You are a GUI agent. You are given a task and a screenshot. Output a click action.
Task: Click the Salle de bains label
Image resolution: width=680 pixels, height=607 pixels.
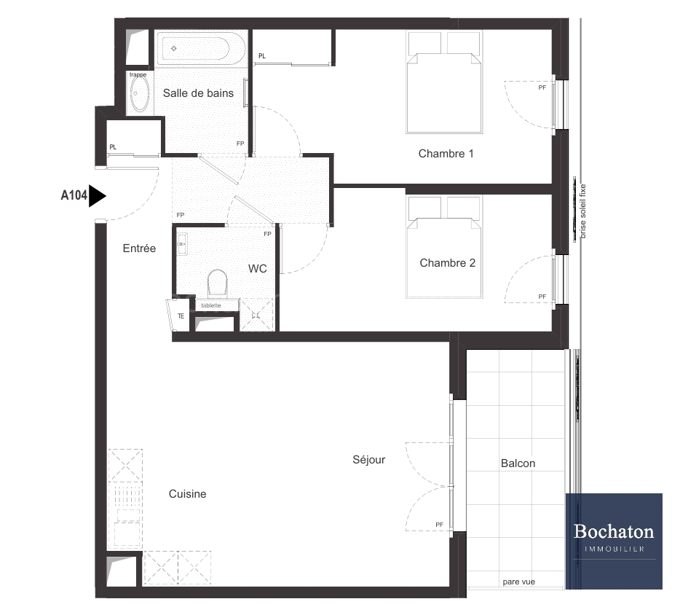pyautogui.click(x=198, y=93)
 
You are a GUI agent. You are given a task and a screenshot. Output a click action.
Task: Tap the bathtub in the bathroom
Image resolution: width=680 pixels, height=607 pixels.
pyautogui.click(x=196, y=49)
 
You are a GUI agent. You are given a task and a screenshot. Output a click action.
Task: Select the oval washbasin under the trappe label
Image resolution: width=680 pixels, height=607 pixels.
pyautogui.click(x=139, y=94)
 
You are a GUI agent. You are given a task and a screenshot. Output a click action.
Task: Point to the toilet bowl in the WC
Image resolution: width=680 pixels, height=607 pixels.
pyautogui.click(x=218, y=283)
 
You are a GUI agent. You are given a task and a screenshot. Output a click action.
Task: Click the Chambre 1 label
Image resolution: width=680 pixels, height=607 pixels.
pyautogui.click(x=446, y=154)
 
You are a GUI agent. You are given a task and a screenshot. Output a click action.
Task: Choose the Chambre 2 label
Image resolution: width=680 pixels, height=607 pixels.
pyautogui.click(x=447, y=263)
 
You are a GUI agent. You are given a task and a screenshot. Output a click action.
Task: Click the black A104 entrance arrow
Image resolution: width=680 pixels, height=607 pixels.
pyautogui.click(x=98, y=196)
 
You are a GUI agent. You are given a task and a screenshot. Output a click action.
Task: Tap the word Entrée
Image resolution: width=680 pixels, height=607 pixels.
pyautogui.click(x=139, y=248)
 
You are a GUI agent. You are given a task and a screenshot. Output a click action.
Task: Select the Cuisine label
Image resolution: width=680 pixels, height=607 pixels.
pyautogui.click(x=187, y=493)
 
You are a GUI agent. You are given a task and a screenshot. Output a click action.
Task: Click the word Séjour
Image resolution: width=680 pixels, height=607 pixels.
pyautogui.click(x=368, y=459)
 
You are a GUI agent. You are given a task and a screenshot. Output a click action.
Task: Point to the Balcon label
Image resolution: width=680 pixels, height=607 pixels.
pyautogui.click(x=518, y=463)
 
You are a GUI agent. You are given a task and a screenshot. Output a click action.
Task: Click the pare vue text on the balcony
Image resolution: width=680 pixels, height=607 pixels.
pyautogui.click(x=518, y=581)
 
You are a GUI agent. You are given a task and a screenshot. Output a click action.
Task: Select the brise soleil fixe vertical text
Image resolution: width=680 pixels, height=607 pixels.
pyautogui.click(x=582, y=211)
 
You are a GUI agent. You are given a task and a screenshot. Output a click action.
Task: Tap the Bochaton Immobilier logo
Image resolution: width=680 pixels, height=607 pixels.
pyautogui.click(x=614, y=541)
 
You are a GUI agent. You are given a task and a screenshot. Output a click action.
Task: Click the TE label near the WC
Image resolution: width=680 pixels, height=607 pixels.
pyautogui.click(x=181, y=316)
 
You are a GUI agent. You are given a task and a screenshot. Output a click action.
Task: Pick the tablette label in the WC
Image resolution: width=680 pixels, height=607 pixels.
pyautogui.click(x=210, y=305)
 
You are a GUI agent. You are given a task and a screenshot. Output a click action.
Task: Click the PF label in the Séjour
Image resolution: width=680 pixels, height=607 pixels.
pyautogui.click(x=439, y=525)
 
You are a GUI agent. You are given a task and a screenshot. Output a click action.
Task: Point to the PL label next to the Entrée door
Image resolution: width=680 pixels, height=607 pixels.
pyautogui.click(x=113, y=147)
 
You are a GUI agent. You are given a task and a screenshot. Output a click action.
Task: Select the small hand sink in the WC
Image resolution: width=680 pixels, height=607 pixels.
pyautogui.click(x=182, y=244)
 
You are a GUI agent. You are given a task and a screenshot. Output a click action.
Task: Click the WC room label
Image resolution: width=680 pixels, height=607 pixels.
pyautogui.click(x=257, y=269)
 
